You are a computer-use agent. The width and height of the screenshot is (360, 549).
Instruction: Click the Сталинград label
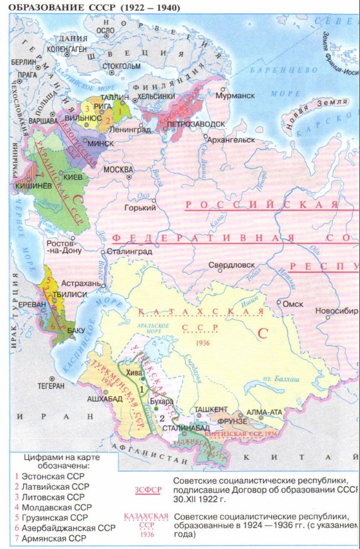tap(130, 252)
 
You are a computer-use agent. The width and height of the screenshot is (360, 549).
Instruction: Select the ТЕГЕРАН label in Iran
tap(50, 385)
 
